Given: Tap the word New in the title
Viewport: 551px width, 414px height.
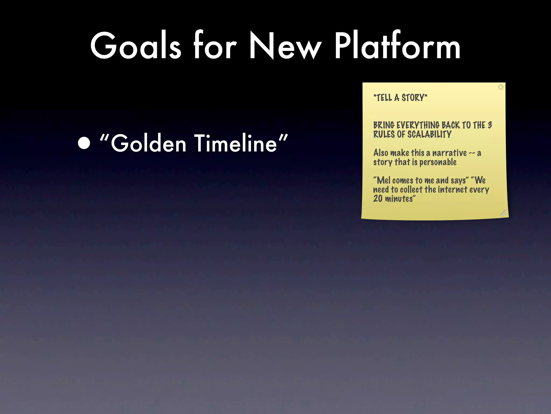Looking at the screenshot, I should [x=285, y=46].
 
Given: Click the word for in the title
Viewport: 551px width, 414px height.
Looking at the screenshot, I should [x=215, y=46].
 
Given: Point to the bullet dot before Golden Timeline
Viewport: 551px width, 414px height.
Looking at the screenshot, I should [x=84, y=143].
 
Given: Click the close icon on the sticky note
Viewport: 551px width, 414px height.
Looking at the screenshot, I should [x=501, y=87].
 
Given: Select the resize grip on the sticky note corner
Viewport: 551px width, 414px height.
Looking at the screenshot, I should [x=504, y=213].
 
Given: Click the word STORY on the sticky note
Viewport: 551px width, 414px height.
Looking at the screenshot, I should [x=413, y=98].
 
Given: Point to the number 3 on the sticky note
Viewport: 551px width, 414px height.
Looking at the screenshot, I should [x=490, y=125].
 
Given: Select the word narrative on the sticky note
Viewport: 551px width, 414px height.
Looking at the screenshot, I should [x=449, y=153].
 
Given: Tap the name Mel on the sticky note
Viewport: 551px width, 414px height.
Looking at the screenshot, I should [x=383, y=180].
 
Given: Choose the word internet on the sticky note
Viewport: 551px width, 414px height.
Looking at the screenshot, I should [x=453, y=189].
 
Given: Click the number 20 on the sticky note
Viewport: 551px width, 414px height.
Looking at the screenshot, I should [x=378, y=199].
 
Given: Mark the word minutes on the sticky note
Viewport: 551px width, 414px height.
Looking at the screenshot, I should [x=399, y=199].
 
